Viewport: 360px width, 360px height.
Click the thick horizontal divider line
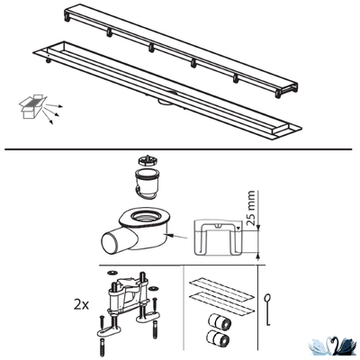pos(180,148)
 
